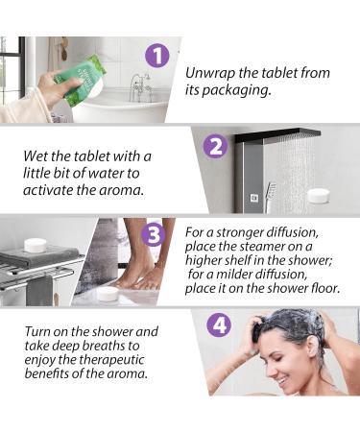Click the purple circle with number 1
157,56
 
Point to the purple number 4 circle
220,324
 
